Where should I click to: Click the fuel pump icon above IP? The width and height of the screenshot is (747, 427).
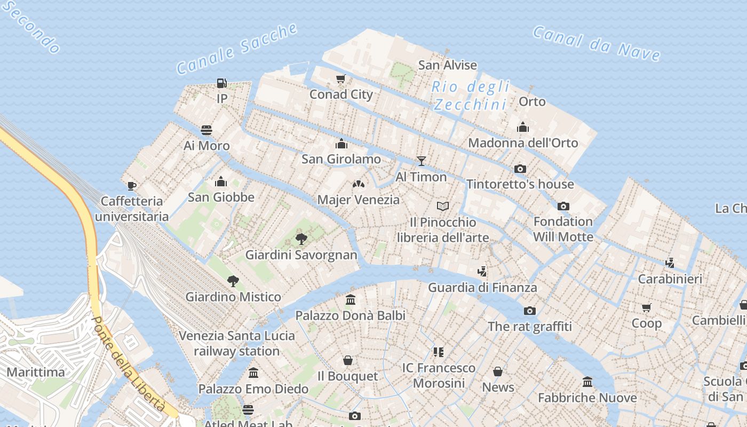point(221,83)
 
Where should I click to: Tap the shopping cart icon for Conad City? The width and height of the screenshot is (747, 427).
point(340,79)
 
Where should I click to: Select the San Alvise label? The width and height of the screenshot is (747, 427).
point(447,65)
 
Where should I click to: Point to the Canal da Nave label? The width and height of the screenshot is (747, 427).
point(597,43)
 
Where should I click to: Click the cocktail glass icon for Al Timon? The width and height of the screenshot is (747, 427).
point(422,161)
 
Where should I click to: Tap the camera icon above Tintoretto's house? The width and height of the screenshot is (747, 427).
point(520,169)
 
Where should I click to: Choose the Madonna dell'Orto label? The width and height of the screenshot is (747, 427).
point(523,143)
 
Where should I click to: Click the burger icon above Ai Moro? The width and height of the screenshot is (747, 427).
point(206,130)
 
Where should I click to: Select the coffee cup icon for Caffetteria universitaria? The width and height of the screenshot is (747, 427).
point(132,186)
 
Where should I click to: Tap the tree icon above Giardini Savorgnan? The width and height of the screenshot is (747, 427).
point(301,239)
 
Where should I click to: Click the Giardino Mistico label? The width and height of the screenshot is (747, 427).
point(233,297)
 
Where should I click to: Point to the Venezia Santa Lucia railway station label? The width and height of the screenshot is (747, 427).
point(237,343)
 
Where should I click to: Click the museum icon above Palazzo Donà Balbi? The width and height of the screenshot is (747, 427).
point(351,300)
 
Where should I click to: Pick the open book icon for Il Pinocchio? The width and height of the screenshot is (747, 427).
point(443,206)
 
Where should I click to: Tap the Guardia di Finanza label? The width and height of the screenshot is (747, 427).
point(482,288)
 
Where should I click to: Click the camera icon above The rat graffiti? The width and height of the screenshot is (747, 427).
point(529,311)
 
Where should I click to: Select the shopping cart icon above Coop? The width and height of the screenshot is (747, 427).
point(647,307)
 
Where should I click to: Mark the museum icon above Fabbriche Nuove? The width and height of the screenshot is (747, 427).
point(587,382)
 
